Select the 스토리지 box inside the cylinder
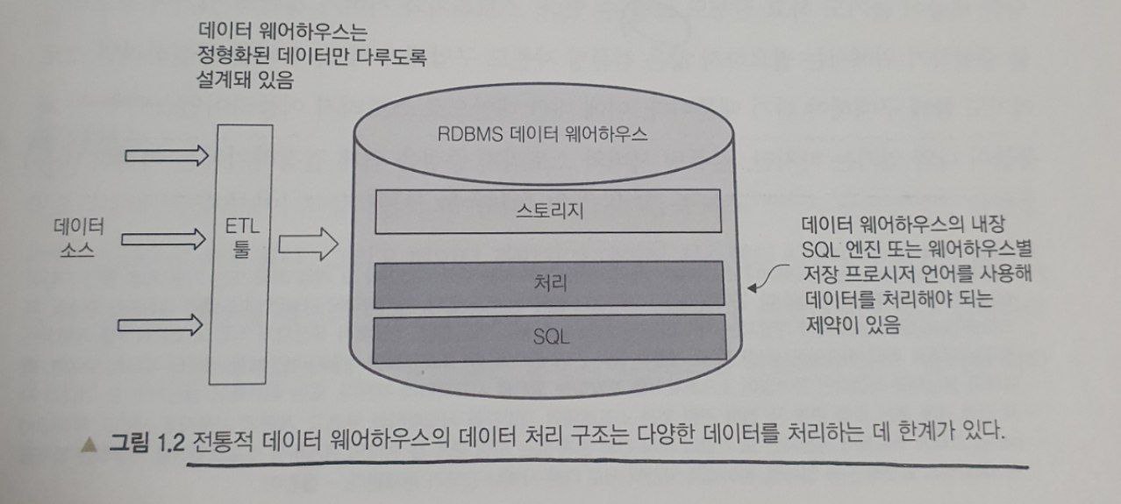(x=547, y=210)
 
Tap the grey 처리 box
(x=550, y=283)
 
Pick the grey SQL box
(x=550, y=338)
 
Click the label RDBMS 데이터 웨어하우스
(x=542, y=136)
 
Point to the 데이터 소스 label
(x=78, y=238)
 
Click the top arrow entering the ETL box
(x=166, y=156)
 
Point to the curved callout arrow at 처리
(x=765, y=280)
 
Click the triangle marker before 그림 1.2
(x=87, y=444)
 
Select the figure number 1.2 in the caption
(x=168, y=443)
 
